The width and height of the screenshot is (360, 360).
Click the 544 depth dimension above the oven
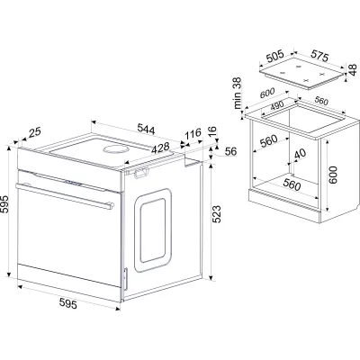tap(146, 129)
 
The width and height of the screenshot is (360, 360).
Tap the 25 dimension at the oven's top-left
tap(35, 132)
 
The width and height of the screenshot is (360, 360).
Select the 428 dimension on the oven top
tap(160, 148)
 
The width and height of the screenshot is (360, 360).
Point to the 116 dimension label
tap(193, 134)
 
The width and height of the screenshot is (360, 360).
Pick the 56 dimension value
tap(230, 151)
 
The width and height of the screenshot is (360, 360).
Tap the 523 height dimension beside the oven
tap(217, 214)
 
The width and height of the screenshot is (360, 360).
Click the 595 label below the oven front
tap(68, 303)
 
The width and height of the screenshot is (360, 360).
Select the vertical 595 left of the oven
tap(4, 204)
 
